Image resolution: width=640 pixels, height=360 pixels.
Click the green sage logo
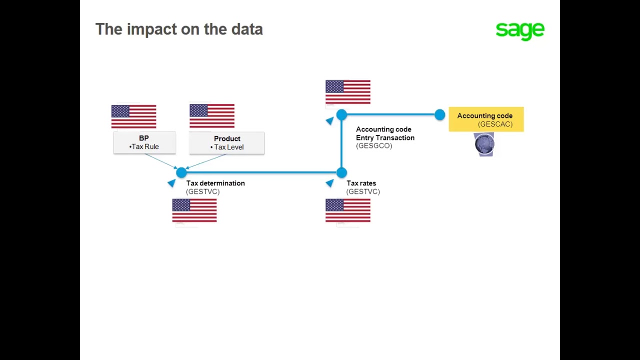[519, 30]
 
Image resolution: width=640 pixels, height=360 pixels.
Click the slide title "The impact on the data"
[179, 29]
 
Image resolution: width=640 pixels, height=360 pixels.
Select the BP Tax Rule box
[144, 142]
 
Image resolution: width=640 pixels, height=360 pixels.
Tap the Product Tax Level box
[226, 143]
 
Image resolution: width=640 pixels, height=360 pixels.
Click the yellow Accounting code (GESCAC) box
[486, 119]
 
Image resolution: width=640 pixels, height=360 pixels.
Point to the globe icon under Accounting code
[484, 144]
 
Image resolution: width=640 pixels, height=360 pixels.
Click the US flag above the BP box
[133, 116]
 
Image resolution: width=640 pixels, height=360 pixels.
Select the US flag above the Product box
[212, 116]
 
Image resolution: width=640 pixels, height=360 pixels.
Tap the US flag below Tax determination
[194, 210]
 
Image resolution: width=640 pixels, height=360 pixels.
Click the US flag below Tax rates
[348, 210]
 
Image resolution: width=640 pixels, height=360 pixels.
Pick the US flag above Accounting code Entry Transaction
[348, 92]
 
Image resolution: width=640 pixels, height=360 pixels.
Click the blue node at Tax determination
[181, 172]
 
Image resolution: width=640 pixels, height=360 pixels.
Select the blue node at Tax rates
[341, 172]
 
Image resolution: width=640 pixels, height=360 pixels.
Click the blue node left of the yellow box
[439, 115]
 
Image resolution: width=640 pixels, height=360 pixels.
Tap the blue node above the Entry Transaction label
[341, 115]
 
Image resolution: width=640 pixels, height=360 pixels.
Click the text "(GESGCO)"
[374, 146]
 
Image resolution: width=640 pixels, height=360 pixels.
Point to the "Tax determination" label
[215, 183]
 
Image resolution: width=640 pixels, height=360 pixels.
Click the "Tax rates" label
[361, 183]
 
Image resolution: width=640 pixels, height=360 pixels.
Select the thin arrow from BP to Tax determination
[160, 161]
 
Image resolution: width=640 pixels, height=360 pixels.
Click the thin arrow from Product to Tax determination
[206, 161]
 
